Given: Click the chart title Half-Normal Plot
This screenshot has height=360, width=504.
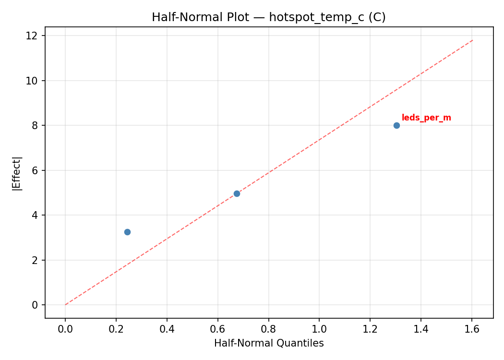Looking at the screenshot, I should click(269, 17).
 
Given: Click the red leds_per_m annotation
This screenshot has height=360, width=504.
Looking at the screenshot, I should click(426, 118).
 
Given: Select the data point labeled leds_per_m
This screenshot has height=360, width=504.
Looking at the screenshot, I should click(396, 125).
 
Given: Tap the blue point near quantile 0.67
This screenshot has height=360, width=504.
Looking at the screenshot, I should click(237, 193).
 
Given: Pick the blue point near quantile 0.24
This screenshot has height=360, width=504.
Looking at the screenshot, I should click(127, 232).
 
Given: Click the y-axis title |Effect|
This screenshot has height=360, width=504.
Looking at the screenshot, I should click(17, 173).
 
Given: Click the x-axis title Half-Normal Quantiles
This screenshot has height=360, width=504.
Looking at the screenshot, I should click(269, 343).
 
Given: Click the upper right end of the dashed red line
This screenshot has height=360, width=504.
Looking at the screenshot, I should click(473, 40).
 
